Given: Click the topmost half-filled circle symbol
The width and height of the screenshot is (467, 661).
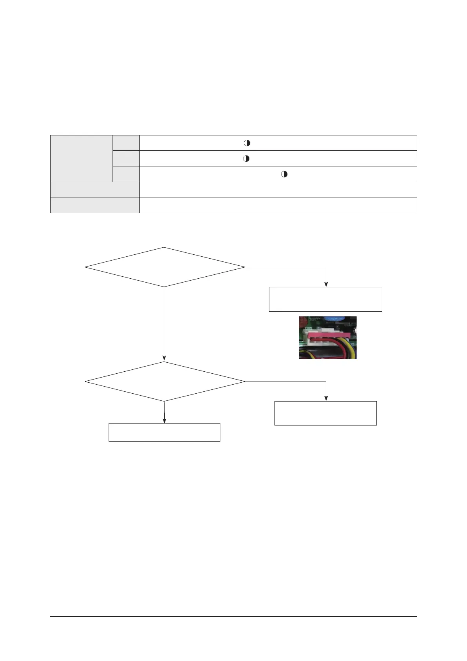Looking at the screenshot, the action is click(247, 143).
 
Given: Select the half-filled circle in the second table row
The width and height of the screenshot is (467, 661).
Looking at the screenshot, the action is click(246, 159).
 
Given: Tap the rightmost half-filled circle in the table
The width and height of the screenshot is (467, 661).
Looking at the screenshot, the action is click(284, 174).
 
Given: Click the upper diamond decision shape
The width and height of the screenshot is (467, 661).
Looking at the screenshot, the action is click(164, 267).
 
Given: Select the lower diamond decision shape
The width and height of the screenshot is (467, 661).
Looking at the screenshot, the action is click(164, 382).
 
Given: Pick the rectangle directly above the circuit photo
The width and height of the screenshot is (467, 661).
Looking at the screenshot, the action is click(325, 299).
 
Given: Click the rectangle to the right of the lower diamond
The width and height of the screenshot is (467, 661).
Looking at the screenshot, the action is click(325, 413).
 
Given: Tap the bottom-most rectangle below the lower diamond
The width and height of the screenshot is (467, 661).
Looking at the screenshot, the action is click(164, 432).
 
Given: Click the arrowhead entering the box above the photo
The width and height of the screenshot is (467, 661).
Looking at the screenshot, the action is click(326, 285).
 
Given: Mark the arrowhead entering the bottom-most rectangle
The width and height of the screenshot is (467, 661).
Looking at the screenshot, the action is click(164, 421).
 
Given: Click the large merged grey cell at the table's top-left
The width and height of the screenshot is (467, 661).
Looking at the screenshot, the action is click(82, 158).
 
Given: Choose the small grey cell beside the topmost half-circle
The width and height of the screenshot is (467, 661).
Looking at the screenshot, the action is click(126, 143).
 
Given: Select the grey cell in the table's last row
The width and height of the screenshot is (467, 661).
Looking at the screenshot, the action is click(95, 205).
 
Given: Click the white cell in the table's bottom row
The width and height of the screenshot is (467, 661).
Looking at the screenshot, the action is click(278, 205).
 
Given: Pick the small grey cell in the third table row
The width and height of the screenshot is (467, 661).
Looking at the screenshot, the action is click(126, 174).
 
